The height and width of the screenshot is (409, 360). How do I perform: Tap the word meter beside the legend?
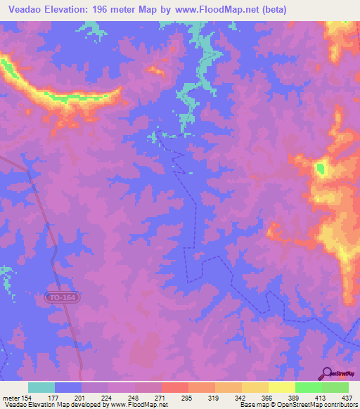click(x=11, y=398)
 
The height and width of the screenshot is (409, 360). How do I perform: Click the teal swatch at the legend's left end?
click(x=41, y=387)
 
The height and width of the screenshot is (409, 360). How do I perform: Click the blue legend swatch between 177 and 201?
click(x=68, y=387)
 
